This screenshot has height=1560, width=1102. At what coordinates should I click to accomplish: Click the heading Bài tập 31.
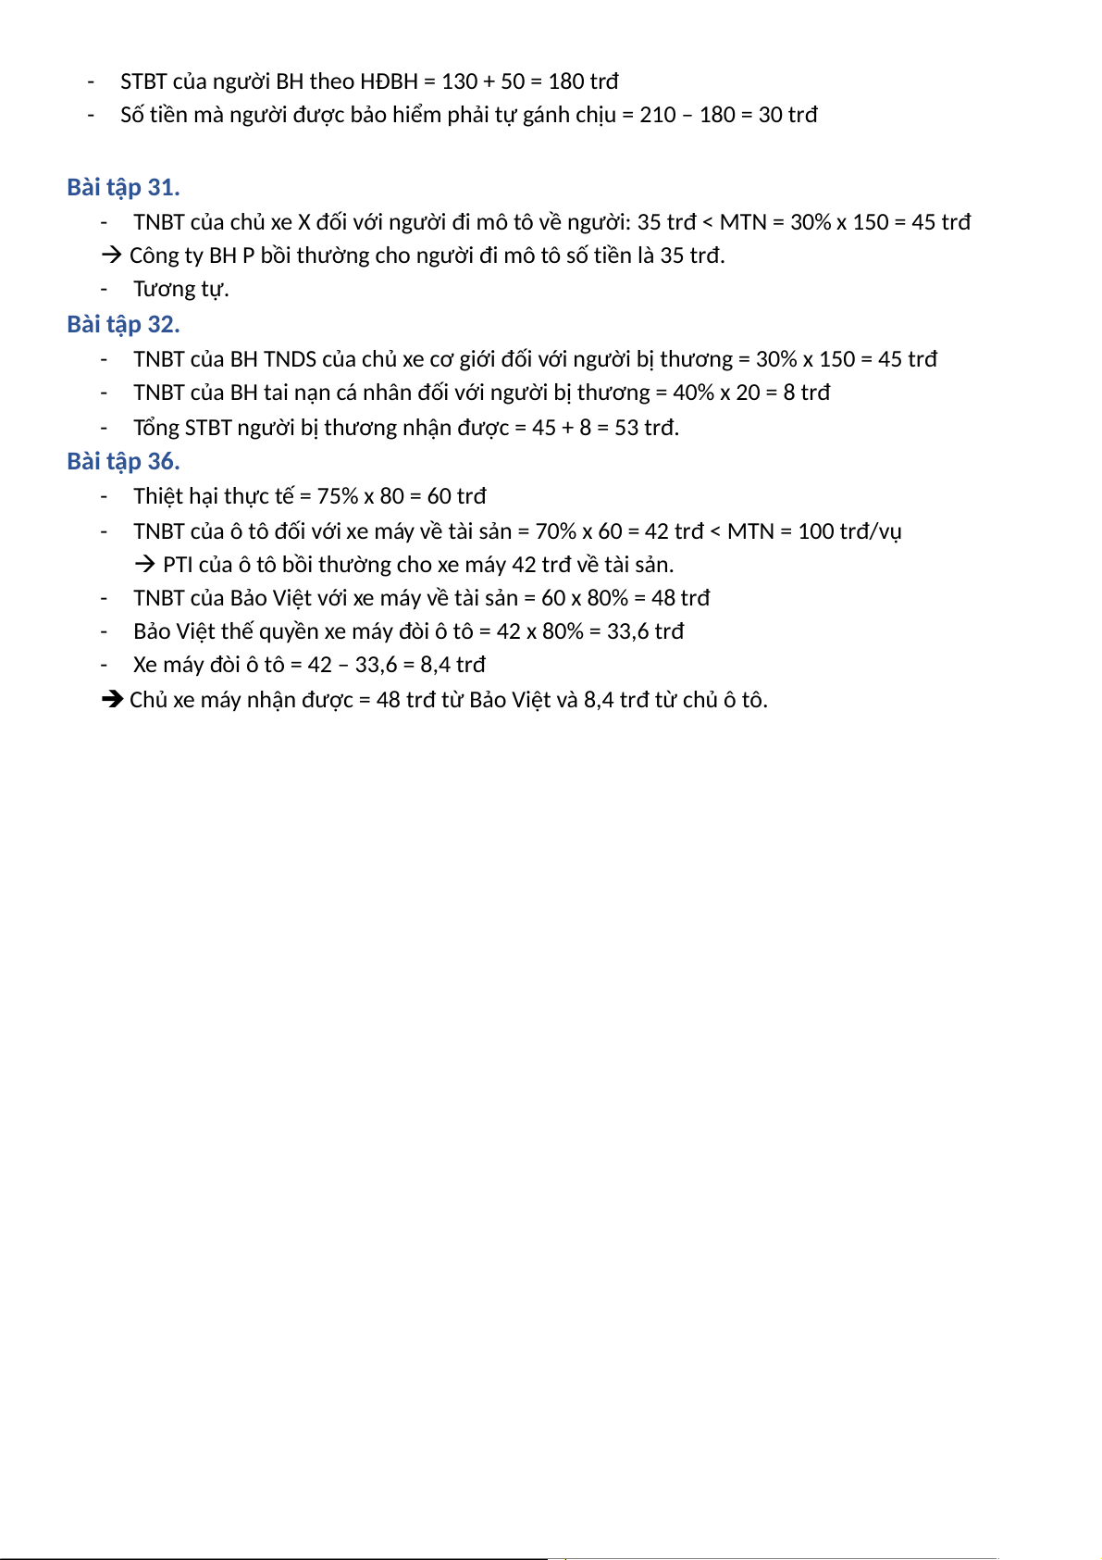(123, 188)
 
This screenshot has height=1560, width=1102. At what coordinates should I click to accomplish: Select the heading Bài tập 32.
(123, 325)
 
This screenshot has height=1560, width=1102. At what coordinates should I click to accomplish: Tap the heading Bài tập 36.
(123, 462)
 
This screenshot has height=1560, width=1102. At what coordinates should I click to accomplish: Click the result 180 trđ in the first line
(583, 81)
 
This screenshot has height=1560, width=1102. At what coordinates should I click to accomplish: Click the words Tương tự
(180, 289)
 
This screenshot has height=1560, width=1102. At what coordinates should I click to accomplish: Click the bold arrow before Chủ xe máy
(112, 700)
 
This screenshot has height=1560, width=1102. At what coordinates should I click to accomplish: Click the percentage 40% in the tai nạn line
(693, 393)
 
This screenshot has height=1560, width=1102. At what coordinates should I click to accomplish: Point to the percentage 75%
(338, 496)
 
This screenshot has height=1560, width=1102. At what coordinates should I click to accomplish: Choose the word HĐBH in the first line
(389, 81)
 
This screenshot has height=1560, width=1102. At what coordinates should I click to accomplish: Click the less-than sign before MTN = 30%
(708, 222)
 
